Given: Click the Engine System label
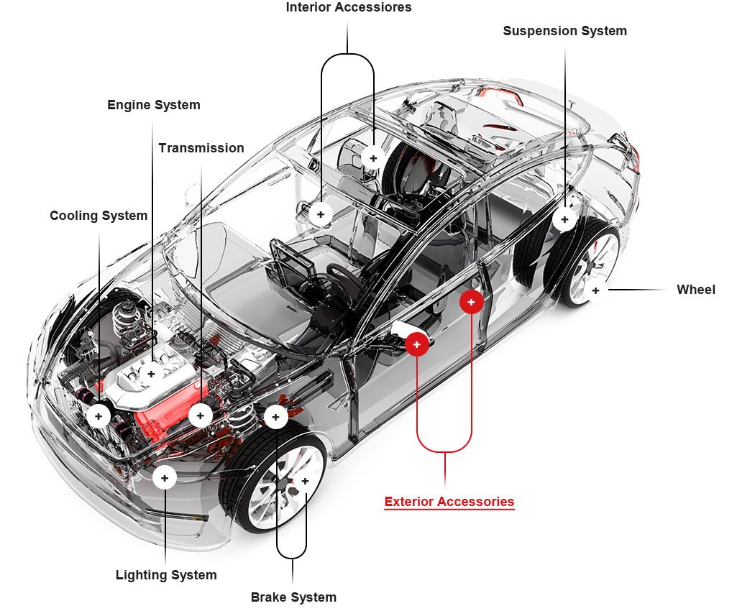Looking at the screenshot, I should click(153, 105).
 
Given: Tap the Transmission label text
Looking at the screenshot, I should click(201, 148).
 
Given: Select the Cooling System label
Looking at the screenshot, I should click(99, 216).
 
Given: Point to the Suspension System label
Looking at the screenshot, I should click(564, 31).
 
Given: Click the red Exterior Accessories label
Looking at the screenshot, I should click(449, 502).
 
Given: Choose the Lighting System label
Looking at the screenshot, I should click(166, 575).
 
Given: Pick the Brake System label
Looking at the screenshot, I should click(293, 597).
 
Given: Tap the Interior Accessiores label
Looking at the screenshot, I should click(349, 8).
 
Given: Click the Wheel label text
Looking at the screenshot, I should click(695, 290).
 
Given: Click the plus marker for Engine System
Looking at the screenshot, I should click(151, 374).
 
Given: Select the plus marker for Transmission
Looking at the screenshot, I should click(200, 415).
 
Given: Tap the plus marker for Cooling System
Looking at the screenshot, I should click(99, 415).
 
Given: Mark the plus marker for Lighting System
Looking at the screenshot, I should click(165, 477).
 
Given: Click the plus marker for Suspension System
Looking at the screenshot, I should click(564, 219).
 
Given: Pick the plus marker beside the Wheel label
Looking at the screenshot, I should click(595, 290).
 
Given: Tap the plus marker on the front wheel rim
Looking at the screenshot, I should click(305, 481).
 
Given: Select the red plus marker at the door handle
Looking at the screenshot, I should click(417, 345).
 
